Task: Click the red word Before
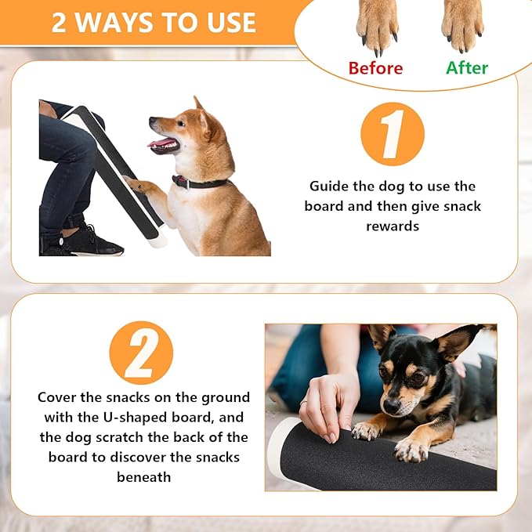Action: click(x=375, y=67)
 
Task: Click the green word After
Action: click(x=467, y=67)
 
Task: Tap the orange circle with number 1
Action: click(x=392, y=134)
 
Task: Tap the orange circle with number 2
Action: click(x=141, y=353)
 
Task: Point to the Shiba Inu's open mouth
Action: click(x=163, y=143)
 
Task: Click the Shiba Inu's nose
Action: click(x=152, y=122)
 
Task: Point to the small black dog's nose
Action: click(x=389, y=405)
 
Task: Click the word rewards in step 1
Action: click(x=392, y=226)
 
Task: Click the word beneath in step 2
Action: click(x=142, y=477)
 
